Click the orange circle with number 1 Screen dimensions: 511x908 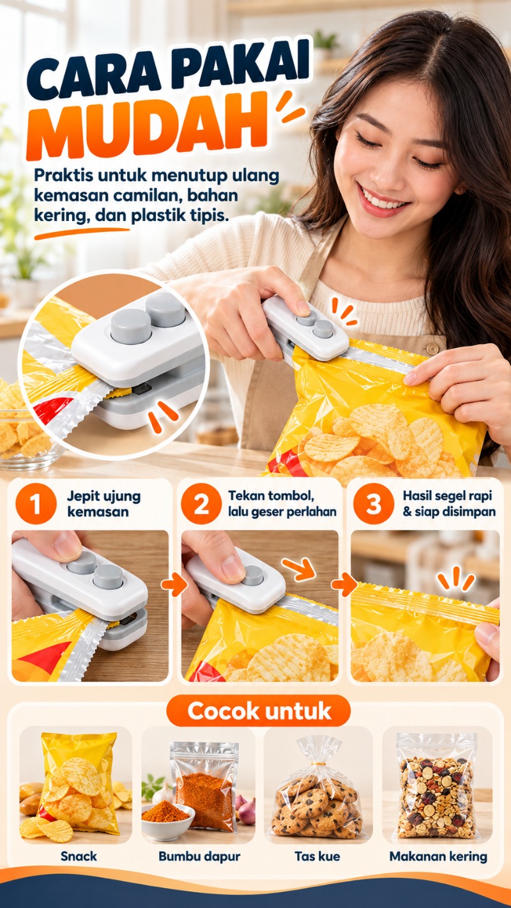[x=36, y=505]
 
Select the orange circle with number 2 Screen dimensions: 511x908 [x=201, y=504]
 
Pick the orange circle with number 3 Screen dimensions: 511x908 [x=374, y=504]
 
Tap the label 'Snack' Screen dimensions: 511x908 [x=79, y=856]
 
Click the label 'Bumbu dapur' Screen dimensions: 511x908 [x=199, y=856]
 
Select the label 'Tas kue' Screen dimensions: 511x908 [x=317, y=856]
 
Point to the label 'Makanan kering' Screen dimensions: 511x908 [x=438, y=856]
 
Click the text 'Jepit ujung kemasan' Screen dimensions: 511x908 [x=103, y=504]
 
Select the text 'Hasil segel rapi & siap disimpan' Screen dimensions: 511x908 [x=449, y=504]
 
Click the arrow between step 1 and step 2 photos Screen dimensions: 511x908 [x=174, y=585]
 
